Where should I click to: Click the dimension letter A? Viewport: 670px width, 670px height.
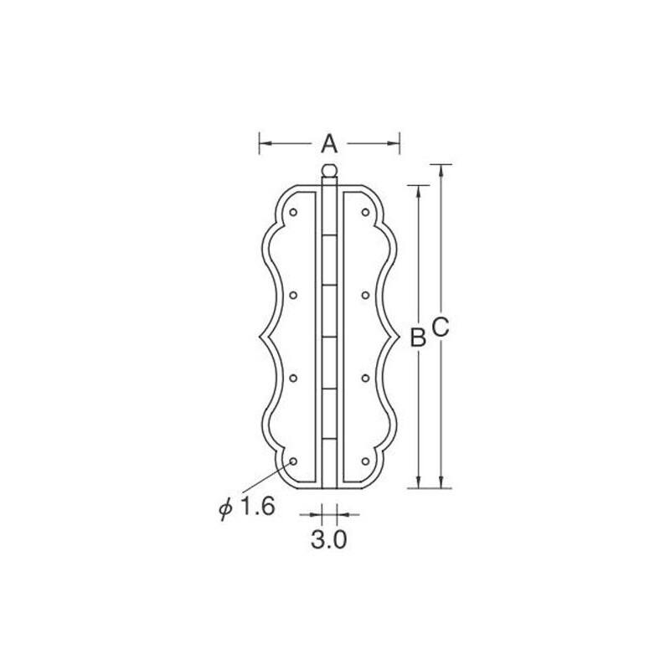click(329, 143)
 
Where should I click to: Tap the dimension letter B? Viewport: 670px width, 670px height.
click(418, 337)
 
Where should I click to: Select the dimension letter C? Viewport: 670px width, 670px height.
click(441, 327)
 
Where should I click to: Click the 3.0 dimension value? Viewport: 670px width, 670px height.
click(328, 539)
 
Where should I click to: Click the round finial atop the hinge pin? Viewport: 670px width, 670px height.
click(329, 171)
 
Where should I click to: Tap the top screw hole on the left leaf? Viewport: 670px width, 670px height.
click(293, 212)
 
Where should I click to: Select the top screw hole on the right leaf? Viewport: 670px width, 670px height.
click(365, 212)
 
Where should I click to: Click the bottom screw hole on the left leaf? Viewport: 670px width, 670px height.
click(293, 461)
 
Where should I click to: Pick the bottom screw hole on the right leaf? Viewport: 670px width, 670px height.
click(365, 461)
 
